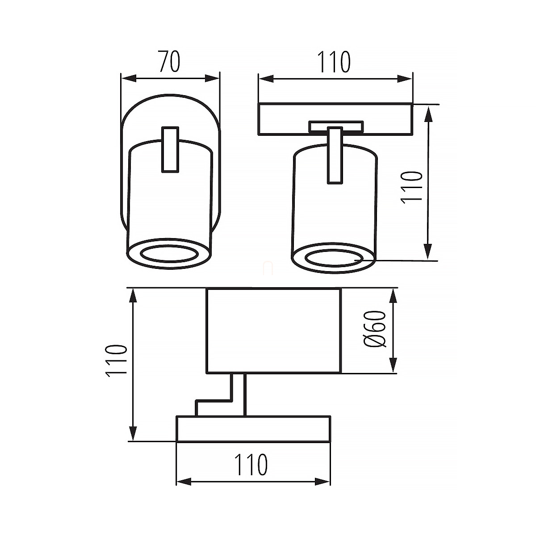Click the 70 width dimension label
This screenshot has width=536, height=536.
coord(170,61)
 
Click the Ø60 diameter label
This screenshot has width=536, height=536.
coord(375,329)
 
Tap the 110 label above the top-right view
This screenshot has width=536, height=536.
coord(334,62)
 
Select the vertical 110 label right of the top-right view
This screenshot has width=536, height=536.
coord(411,188)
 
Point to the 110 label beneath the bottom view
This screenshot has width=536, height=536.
coord(251,465)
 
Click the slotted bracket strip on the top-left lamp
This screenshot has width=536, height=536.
coord(170,150)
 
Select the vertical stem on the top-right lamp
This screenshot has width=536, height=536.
coord(335,155)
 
